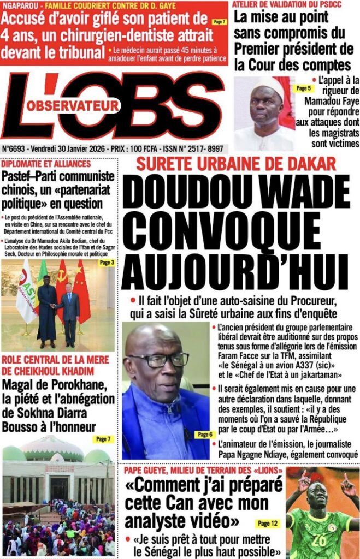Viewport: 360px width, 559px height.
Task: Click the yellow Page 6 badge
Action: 203,435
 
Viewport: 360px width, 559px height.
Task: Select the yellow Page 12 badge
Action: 267,524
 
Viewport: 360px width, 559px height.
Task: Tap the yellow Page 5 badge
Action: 302,88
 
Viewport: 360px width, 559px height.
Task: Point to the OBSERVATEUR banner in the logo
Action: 73,104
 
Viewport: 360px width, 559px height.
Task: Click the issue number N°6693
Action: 16,148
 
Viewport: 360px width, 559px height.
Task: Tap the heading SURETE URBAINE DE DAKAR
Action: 236,163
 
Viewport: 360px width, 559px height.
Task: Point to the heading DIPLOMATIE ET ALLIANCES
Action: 46,164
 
